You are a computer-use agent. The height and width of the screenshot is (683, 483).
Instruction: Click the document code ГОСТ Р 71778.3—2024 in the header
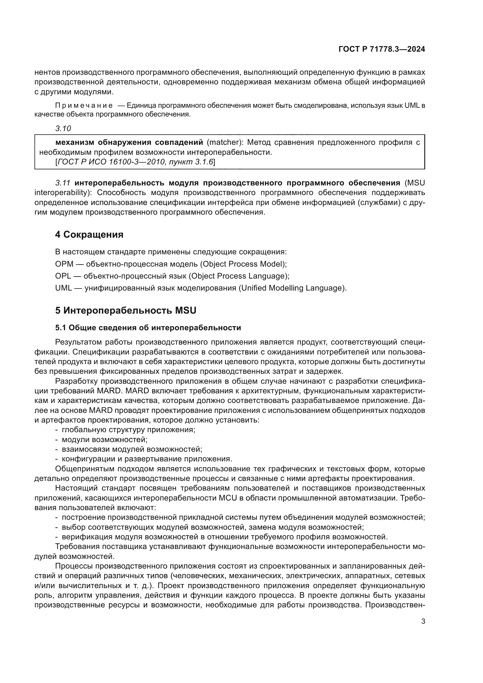[x=382, y=49]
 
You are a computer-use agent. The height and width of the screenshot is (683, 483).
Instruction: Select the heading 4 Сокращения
[x=89, y=235]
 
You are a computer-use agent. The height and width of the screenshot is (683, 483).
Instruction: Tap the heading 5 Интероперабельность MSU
[x=126, y=311]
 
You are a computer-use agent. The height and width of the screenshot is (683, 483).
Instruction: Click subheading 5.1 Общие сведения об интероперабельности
[x=148, y=328]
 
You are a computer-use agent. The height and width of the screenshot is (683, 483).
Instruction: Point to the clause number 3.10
[x=63, y=128]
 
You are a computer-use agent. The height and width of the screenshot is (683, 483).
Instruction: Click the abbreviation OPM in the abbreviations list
[x=64, y=264]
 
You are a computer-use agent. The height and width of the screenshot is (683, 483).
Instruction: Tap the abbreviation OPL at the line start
[x=63, y=276]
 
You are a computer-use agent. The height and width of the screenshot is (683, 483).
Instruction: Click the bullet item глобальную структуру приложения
[x=128, y=430]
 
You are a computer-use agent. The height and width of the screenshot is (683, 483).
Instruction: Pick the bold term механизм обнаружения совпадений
[x=129, y=142]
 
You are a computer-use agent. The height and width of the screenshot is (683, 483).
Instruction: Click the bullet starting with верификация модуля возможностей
[x=225, y=537]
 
